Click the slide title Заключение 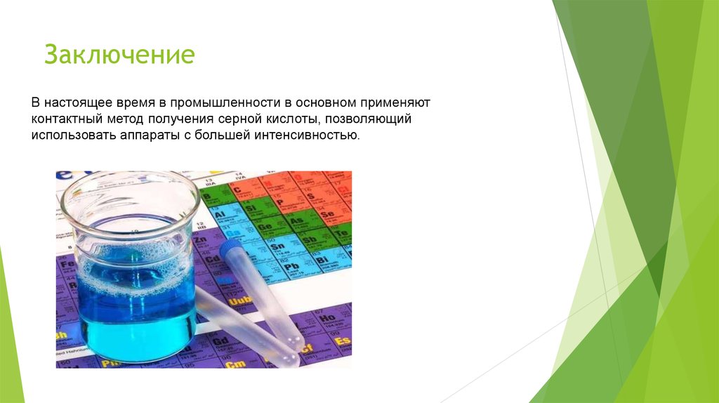tap(119, 54)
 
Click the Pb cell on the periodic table tap(291, 267)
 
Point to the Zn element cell tap(200, 241)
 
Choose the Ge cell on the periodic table tap(266, 227)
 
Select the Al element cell tap(220, 213)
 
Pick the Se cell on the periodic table tap(326, 213)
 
